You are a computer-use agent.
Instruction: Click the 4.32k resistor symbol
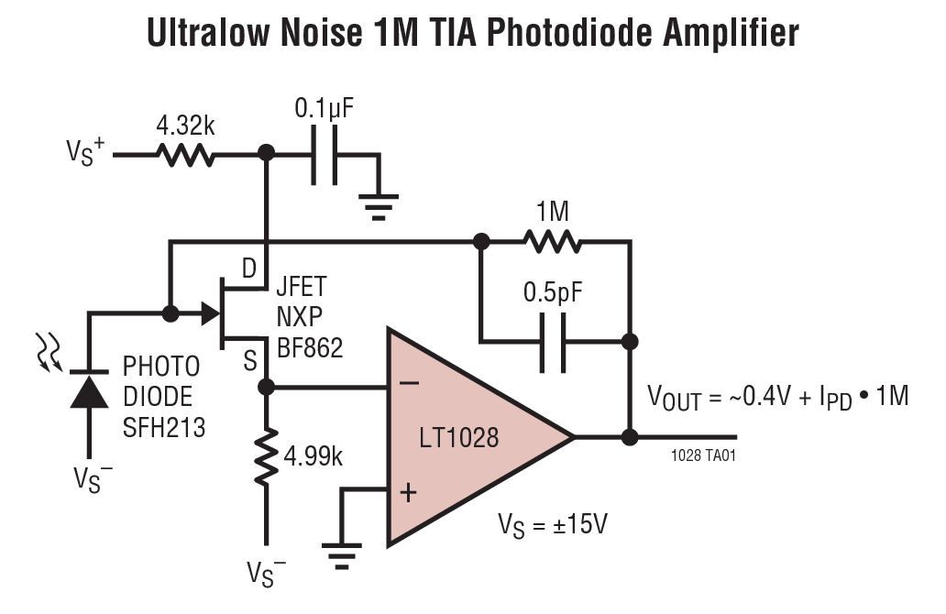click(x=186, y=155)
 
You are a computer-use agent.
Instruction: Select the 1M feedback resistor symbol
click(x=553, y=243)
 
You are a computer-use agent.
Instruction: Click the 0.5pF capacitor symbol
click(x=553, y=342)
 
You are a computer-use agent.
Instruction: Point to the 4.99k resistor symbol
click(x=267, y=456)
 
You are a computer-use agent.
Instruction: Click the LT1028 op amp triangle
click(x=467, y=437)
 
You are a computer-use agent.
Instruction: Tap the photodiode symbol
click(x=89, y=392)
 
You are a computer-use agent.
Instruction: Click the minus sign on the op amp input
click(x=410, y=384)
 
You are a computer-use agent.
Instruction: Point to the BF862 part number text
click(x=310, y=347)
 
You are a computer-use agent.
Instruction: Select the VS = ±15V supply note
click(x=553, y=526)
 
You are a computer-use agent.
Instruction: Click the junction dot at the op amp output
click(x=629, y=437)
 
